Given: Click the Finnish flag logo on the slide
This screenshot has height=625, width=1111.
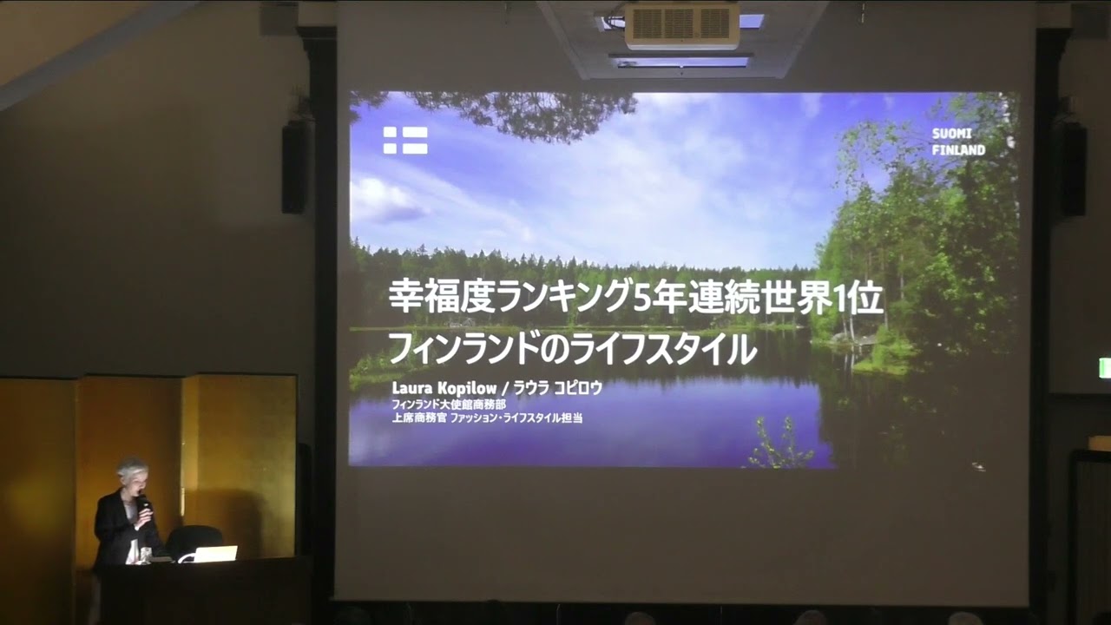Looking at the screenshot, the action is click(x=405, y=141).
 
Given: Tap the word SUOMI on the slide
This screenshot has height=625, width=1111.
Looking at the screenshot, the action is click(x=952, y=134).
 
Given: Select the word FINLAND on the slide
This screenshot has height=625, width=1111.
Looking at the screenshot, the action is click(x=958, y=150).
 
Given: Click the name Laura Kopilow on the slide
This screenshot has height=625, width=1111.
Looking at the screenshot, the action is click(x=444, y=388).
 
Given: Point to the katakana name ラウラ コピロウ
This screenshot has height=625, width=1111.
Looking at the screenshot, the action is click(x=557, y=388).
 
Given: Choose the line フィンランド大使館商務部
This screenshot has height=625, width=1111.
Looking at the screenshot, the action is click(x=449, y=405).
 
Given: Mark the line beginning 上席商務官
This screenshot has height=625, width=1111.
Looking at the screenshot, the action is click(x=487, y=418).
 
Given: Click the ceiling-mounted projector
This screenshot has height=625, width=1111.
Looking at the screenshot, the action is click(x=682, y=26).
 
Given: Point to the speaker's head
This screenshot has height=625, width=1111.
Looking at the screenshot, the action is click(x=133, y=474).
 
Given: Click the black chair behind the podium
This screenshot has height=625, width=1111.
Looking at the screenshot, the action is click(x=194, y=542).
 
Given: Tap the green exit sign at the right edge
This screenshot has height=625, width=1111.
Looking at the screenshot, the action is click(x=1105, y=368).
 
